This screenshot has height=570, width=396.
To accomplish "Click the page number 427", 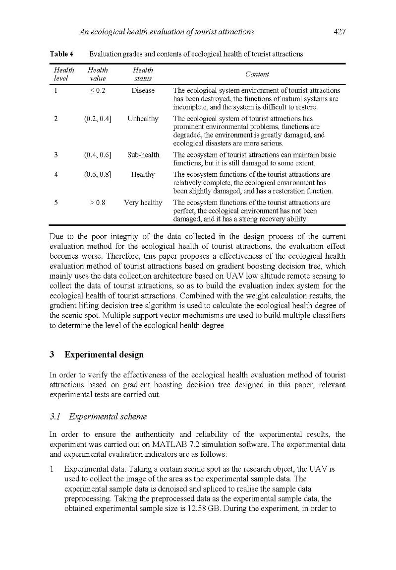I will [339, 32].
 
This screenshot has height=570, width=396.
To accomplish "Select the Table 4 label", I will [61, 54].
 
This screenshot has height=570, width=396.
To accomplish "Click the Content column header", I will [257, 74].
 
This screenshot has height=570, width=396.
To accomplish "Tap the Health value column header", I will [97, 74].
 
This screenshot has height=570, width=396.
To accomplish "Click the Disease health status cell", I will [143, 91].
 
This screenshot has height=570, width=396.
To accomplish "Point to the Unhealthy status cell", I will [143, 119].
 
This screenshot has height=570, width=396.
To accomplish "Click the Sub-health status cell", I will [143, 155].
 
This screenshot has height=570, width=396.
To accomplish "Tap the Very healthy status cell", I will [143, 203].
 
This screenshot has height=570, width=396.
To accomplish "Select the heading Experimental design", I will [104, 355].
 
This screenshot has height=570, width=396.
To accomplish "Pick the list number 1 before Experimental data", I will [52, 469].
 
